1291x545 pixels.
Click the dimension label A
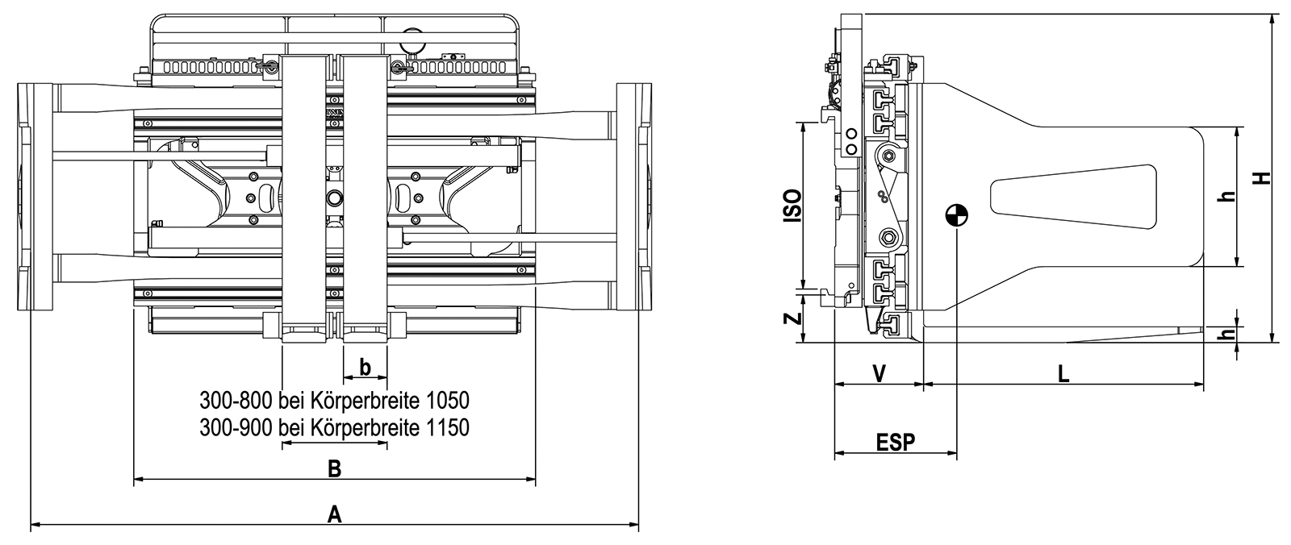point(335,514)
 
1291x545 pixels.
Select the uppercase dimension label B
point(334,469)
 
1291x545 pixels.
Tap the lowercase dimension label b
point(365,366)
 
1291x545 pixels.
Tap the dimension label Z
point(794,318)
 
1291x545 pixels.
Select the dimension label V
point(879,374)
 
